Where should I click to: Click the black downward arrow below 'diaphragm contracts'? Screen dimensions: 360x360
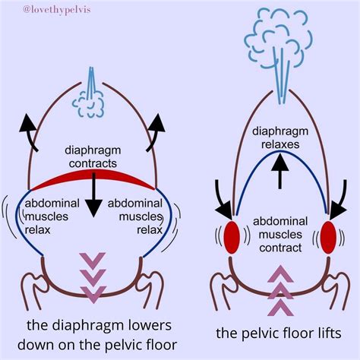point(93,199)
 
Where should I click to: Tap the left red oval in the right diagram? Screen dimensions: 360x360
point(231,235)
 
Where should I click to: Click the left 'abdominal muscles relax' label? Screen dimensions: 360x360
point(51,216)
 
